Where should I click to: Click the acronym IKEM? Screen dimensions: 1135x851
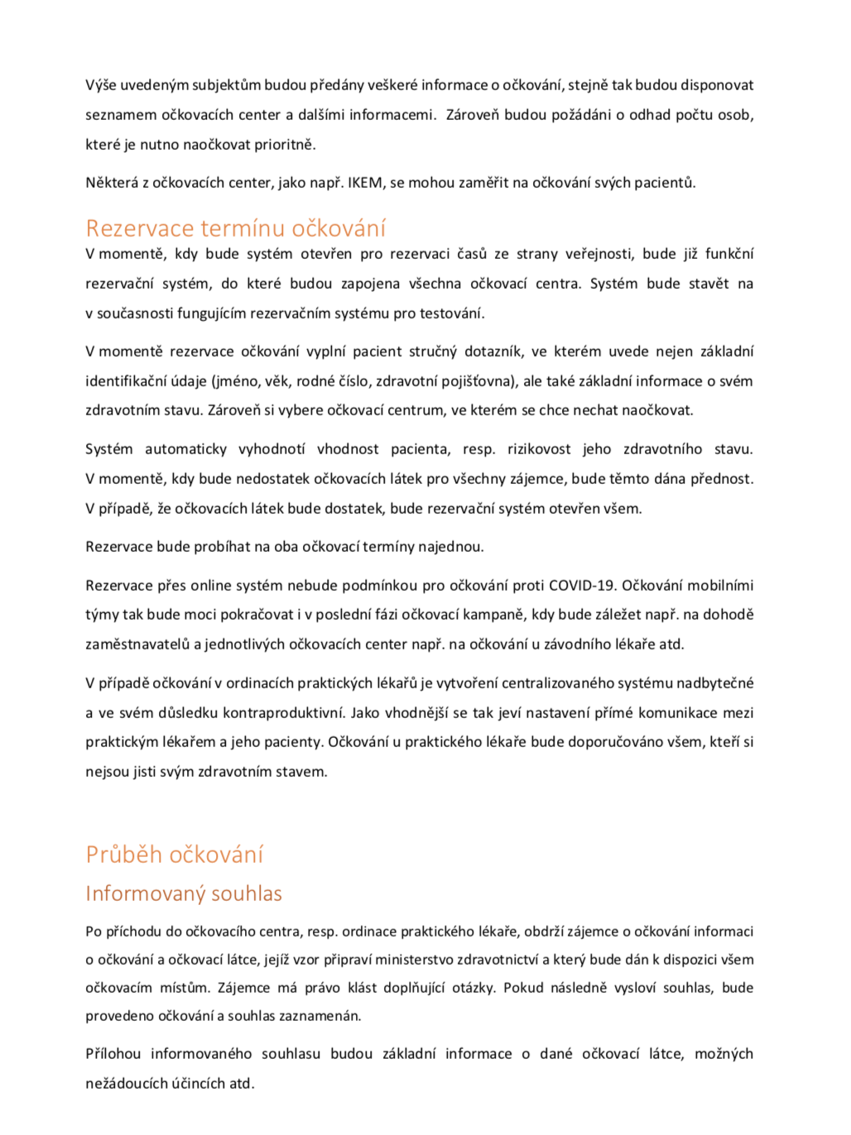pyautogui.click(x=366, y=183)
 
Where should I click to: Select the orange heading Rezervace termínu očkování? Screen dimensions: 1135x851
pyautogui.click(x=236, y=228)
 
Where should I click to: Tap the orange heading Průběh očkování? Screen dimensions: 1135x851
pyautogui.click(x=175, y=855)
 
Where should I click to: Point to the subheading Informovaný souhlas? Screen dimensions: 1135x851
pyautogui.click(x=184, y=893)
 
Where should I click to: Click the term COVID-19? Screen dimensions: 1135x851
pyautogui.click(x=582, y=586)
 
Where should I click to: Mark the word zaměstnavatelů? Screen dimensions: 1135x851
pyautogui.click(x=137, y=644)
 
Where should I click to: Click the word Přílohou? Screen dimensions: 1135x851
pyautogui.click(x=113, y=1054)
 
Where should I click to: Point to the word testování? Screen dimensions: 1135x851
pyautogui.click(x=455, y=314)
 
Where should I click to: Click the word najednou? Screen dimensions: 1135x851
pyautogui.click(x=454, y=547)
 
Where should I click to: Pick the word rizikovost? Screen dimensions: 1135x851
pyautogui.click(x=539, y=449)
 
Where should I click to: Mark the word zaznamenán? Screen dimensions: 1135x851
pyautogui.click(x=320, y=1016)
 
